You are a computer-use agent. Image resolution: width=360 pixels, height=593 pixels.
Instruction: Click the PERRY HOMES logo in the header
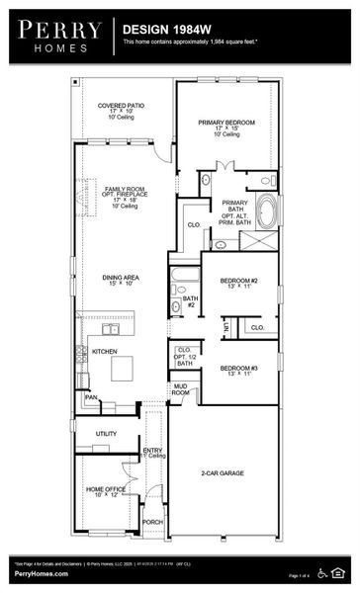56,36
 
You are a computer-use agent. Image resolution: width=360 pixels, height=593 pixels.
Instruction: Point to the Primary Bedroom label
225,126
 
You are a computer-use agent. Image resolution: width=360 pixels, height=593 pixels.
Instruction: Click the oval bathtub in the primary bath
267,211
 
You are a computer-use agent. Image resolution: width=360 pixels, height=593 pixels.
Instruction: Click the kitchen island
124,367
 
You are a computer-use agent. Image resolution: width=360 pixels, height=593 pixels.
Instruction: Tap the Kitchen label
105,351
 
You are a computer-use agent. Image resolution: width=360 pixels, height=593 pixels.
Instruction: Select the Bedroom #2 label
239,284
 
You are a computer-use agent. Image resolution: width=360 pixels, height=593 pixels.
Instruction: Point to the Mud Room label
180,389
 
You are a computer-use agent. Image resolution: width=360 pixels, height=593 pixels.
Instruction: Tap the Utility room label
106,433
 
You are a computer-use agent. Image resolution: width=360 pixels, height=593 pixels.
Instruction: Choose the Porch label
152,522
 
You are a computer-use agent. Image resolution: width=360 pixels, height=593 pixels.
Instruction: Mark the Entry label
152,453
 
